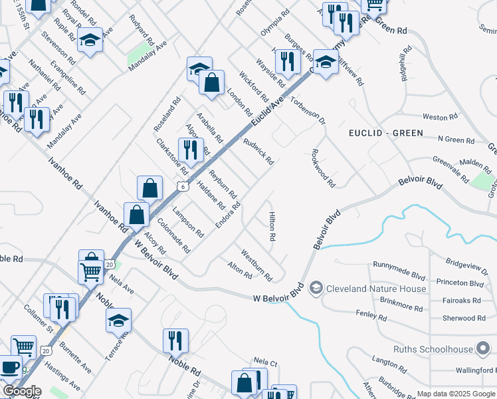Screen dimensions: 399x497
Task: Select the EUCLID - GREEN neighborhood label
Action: click(386, 133)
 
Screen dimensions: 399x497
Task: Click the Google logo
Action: click(22, 392)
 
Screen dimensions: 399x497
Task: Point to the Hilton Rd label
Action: click(272, 226)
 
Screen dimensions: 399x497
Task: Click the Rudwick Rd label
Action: click(258, 152)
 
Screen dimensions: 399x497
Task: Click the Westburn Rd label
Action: click(256, 264)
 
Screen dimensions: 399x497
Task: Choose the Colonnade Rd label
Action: click(173, 236)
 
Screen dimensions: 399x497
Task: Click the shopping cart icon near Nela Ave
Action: click(91, 270)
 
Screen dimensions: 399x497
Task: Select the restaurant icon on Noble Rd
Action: click(175, 340)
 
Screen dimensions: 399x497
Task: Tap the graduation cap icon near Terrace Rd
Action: click(118, 319)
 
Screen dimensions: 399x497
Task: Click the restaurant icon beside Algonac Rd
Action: click(191, 149)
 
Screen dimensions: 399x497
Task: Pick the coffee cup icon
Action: click(9, 366)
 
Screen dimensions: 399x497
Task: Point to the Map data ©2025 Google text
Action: click(456, 394)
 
